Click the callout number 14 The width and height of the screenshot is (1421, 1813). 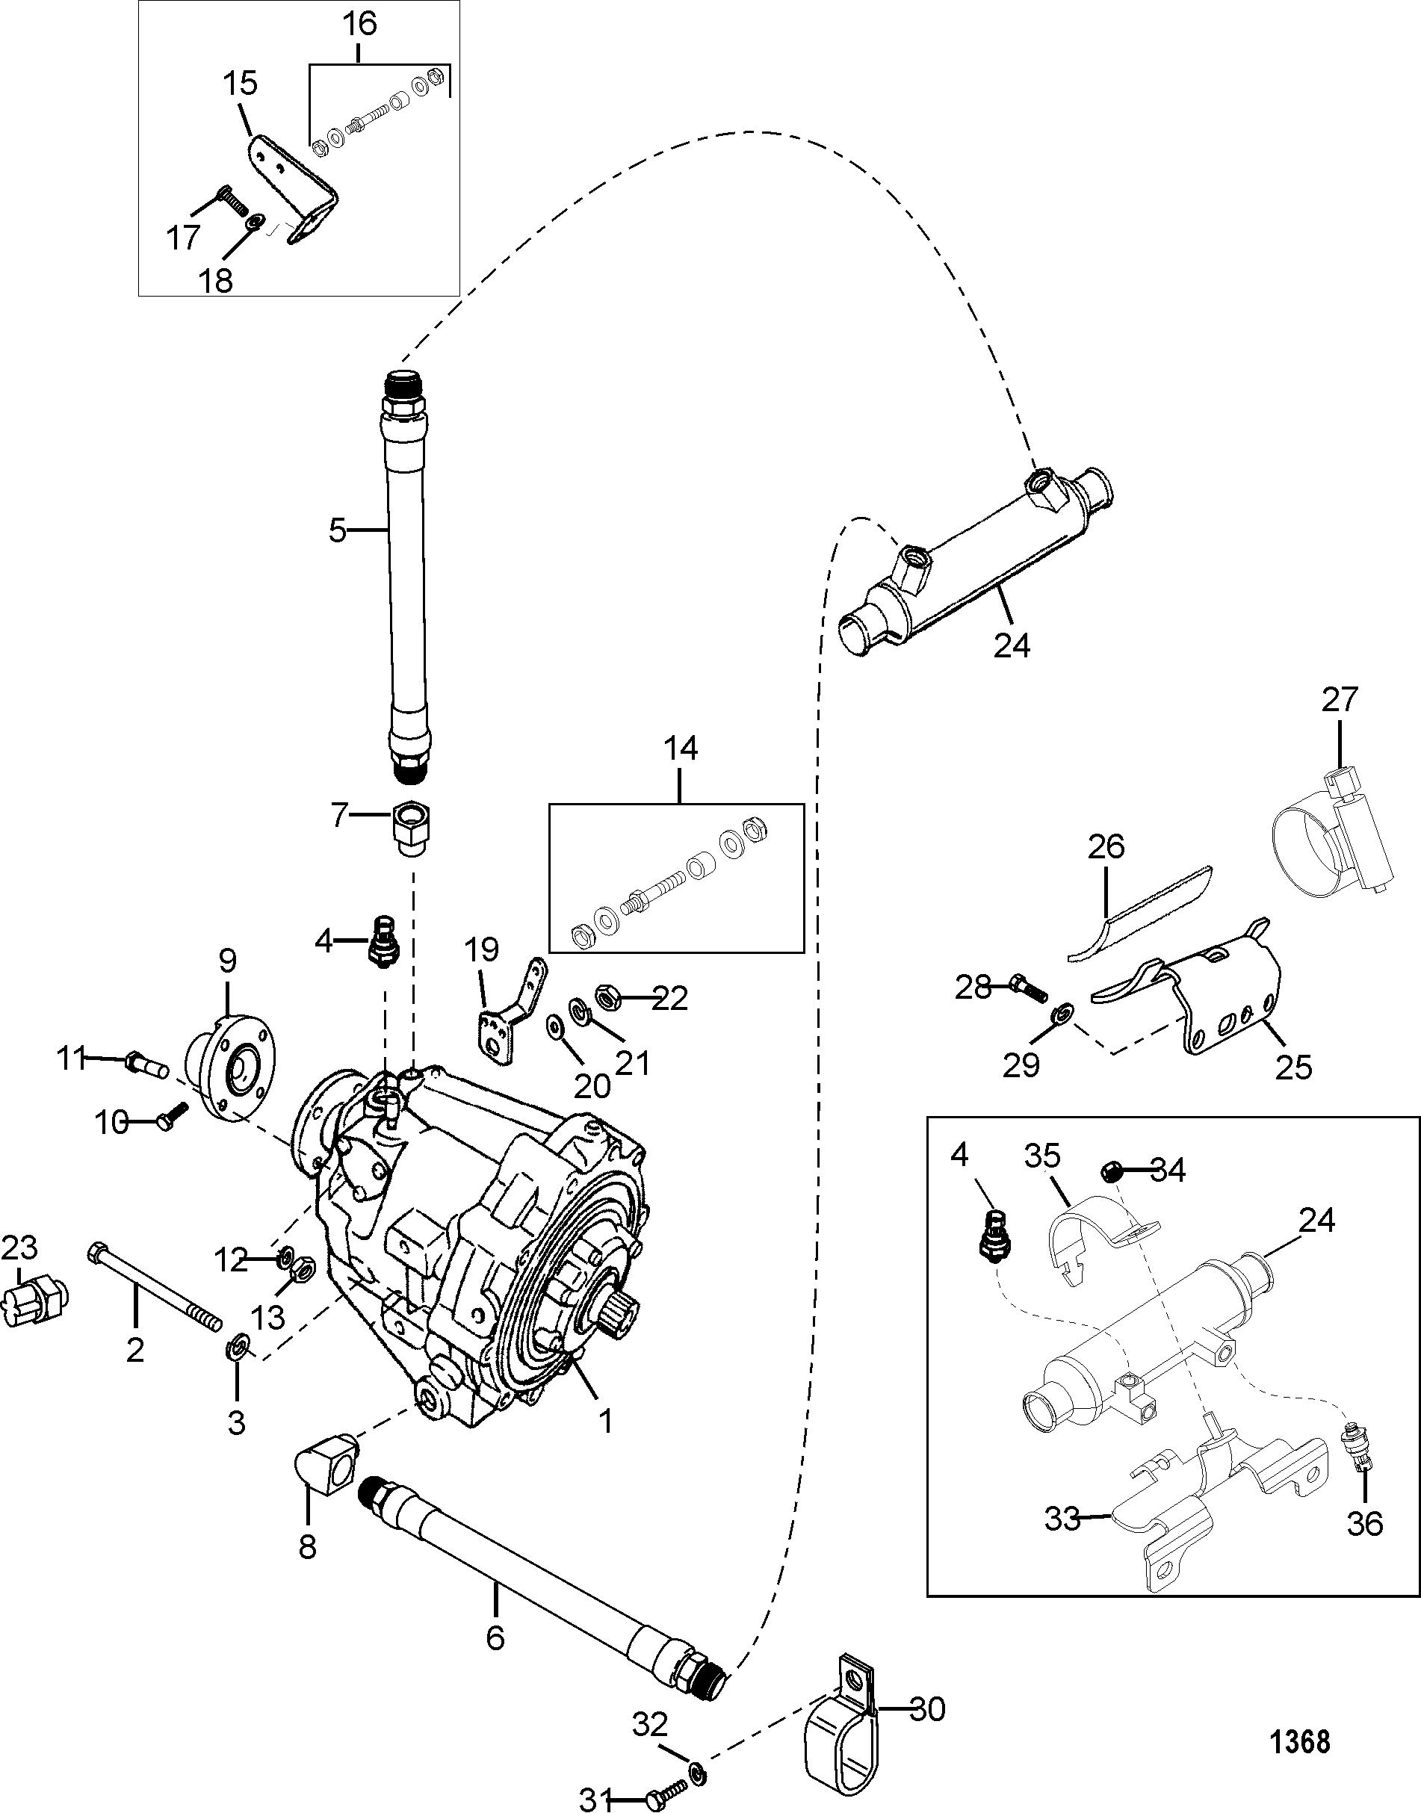[681, 749]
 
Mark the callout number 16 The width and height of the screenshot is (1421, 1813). [360, 22]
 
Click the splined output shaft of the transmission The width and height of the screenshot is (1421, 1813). [616, 1314]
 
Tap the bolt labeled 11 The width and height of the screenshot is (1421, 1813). [146, 1064]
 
